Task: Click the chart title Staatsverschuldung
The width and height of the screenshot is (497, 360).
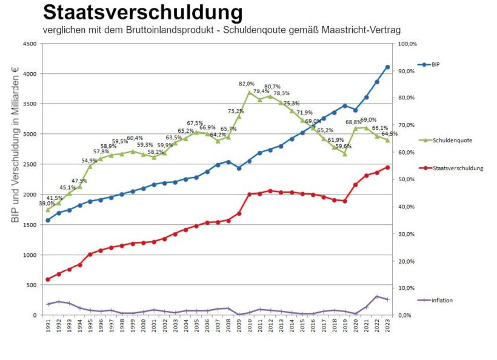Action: pyautogui.click(x=142, y=12)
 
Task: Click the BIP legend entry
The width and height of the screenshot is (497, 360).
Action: pyautogui.click(x=435, y=64)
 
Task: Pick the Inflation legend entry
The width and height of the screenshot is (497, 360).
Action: pyautogui.click(x=442, y=300)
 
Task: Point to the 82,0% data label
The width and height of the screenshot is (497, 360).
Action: pyautogui.click(x=247, y=84)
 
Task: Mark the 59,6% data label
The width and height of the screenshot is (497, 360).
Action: pyautogui.click(x=344, y=146)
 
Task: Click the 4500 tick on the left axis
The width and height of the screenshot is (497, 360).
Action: pyautogui.click(x=29, y=44)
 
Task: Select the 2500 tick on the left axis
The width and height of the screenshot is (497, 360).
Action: pyautogui.click(x=29, y=164)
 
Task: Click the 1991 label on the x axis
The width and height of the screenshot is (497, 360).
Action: pyautogui.click(x=48, y=327)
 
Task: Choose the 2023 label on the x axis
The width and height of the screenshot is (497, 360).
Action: pyautogui.click(x=387, y=327)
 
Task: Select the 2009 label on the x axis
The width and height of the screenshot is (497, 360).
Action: pyautogui.click(x=239, y=327)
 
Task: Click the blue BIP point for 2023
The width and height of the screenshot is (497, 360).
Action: pyautogui.click(x=387, y=67)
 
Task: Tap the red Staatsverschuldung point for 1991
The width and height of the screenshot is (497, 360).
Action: pyautogui.click(x=48, y=279)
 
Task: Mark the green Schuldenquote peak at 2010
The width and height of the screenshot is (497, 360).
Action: pyautogui.click(x=249, y=92)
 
